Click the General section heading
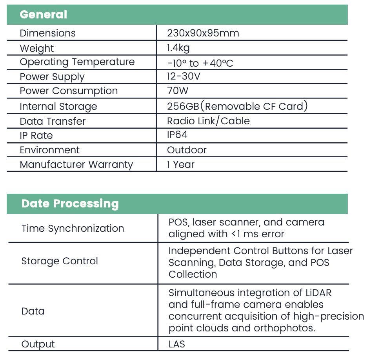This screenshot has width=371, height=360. point(44,15)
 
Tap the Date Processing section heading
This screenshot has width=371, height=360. point(70,204)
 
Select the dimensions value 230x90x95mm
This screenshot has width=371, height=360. point(203,33)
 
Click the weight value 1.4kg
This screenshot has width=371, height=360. point(178,48)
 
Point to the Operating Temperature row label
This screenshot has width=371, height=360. point(77,62)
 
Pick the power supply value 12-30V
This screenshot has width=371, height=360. point(184,76)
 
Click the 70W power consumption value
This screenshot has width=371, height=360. point(178,91)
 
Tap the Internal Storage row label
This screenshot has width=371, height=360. point(58,106)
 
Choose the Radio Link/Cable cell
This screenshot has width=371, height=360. point(208,121)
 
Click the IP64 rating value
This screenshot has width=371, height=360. point(177,135)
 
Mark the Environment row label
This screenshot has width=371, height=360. point(49,150)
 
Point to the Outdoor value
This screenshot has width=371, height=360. point(187,150)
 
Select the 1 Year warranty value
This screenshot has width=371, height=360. point(180,164)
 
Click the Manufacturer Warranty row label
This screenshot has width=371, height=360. point(76,164)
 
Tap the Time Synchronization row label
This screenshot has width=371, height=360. point(73,228)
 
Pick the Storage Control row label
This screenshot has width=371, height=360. point(60,261)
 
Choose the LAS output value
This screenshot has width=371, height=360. point(176,344)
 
